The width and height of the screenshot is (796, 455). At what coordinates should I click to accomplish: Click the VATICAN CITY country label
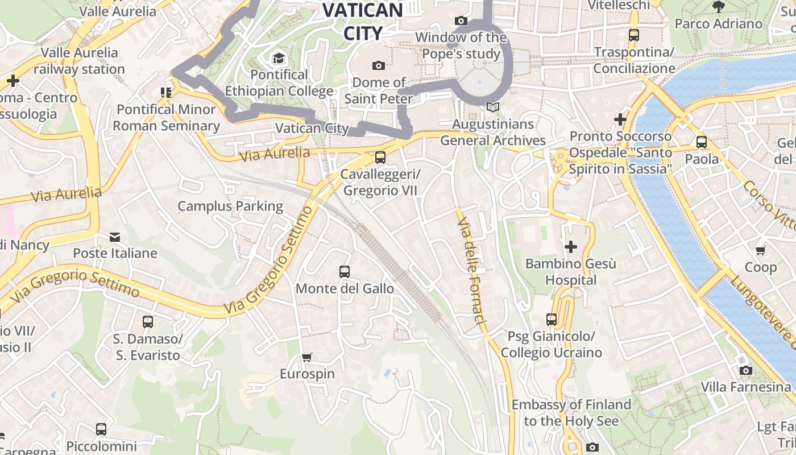[363, 22]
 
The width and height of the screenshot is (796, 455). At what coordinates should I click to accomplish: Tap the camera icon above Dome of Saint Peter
[379, 66]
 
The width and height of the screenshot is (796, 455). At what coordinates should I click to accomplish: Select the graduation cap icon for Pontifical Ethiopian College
[279, 58]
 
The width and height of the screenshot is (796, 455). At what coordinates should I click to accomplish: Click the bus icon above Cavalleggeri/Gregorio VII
[380, 158]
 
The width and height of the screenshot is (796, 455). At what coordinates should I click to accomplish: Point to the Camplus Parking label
[230, 206]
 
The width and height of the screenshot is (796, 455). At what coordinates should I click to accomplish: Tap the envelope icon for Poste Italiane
[115, 237]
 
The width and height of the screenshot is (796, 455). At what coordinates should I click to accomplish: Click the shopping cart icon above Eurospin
[307, 358]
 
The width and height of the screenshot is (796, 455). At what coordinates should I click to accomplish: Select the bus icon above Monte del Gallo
[345, 272]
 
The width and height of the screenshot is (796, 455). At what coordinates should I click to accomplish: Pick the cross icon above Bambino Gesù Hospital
[571, 247]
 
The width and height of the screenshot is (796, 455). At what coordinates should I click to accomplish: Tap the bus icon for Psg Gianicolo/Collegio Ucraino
[552, 320]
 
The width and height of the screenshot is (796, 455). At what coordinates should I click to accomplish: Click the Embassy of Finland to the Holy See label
[571, 413]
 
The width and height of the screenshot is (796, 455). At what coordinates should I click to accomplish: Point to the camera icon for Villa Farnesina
[746, 371]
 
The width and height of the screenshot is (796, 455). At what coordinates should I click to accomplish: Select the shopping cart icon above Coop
[761, 250]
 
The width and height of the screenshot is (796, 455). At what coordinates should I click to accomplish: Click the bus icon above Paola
[702, 142]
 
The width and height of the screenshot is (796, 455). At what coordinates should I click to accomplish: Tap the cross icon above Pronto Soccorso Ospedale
[620, 119]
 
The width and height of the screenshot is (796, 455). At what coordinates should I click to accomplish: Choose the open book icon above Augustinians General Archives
[493, 107]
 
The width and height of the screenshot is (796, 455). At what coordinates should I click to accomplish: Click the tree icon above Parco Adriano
[718, 7]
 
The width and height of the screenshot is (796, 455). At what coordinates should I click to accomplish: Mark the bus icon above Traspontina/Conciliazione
[634, 35]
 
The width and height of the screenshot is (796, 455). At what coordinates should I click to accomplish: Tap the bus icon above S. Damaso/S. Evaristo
[148, 322]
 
